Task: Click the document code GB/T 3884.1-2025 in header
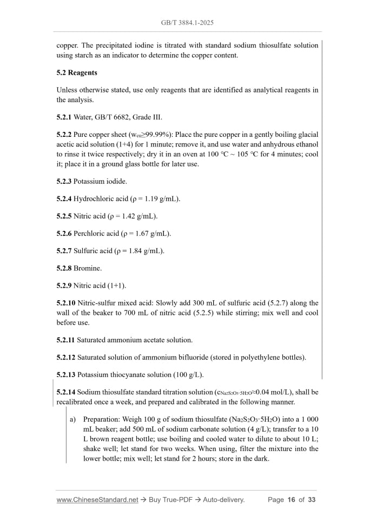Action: click(x=187, y=24)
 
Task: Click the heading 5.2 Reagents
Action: click(x=77, y=72)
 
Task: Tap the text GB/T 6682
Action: click(x=115, y=117)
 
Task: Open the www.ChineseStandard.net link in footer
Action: click(x=97, y=500)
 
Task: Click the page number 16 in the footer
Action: click(x=291, y=500)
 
